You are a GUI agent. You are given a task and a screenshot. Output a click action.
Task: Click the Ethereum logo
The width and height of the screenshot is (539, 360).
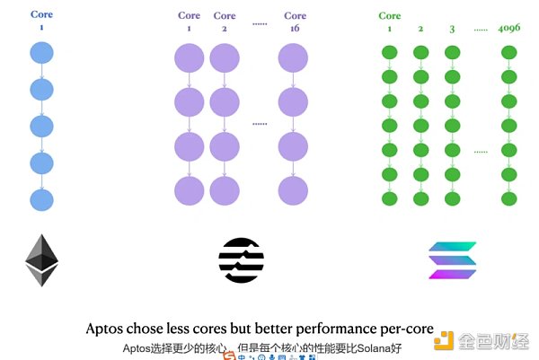pyautogui.click(x=42, y=260)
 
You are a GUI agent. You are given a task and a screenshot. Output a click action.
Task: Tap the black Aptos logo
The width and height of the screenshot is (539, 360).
pyautogui.click(x=241, y=260)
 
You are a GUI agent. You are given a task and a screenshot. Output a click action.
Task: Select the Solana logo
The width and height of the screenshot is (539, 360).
pyautogui.click(x=453, y=260)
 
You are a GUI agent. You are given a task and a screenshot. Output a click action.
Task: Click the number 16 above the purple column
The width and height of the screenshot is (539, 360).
pyautogui.click(x=295, y=29)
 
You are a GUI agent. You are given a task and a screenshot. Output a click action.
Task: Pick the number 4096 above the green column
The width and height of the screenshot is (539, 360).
pyautogui.click(x=509, y=29)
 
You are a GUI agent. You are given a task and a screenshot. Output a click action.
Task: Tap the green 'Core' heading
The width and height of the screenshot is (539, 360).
pyautogui.click(x=390, y=15)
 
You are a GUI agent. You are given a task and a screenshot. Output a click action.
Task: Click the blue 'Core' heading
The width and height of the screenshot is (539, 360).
pyautogui.click(x=42, y=15)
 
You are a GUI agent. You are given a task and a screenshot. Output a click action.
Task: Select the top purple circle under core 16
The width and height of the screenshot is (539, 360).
pyautogui.click(x=295, y=58)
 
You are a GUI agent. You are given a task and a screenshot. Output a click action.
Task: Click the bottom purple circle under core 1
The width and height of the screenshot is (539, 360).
pyautogui.click(x=190, y=190)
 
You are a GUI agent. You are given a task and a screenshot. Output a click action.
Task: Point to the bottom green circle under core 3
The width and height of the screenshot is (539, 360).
pyautogui.click(x=451, y=198)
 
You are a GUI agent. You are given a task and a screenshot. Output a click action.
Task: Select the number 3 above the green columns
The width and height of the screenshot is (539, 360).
pyautogui.click(x=451, y=29)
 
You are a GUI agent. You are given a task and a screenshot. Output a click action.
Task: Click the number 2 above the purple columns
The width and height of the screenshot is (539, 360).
pyautogui.click(x=225, y=29)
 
